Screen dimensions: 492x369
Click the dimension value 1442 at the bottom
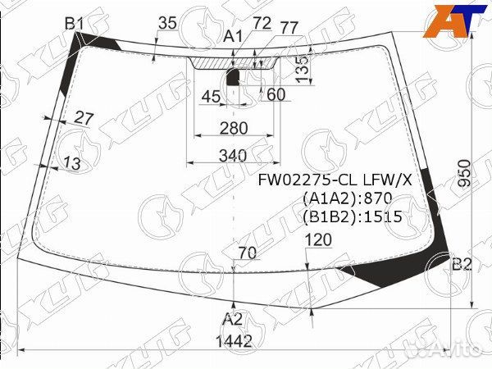tap(234, 341)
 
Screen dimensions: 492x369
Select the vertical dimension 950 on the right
tap(465, 174)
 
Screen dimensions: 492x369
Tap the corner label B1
tap(75, 24)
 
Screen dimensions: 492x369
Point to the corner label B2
tap(462, 265)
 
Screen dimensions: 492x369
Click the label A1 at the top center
tap(233, 37)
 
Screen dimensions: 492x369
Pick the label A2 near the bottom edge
tap(233, 320)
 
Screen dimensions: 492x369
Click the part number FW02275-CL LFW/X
tap(335, 180)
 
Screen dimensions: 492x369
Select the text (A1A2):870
tap(348, 198)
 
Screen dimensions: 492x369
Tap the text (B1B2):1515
tap(353, 216)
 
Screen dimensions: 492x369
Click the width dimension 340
tap(233, 156)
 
